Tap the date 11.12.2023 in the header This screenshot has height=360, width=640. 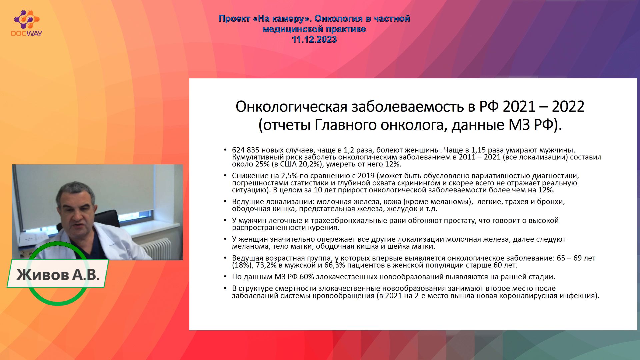pyautogui.click(x=314, y=40)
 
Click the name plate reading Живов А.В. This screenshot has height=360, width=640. pyautogui.click(x=58, y=274)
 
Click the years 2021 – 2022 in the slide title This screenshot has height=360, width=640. pyautogui.click(x=543, y=107)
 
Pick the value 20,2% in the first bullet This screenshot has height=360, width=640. pyautogui.click(x=310, y=164)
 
